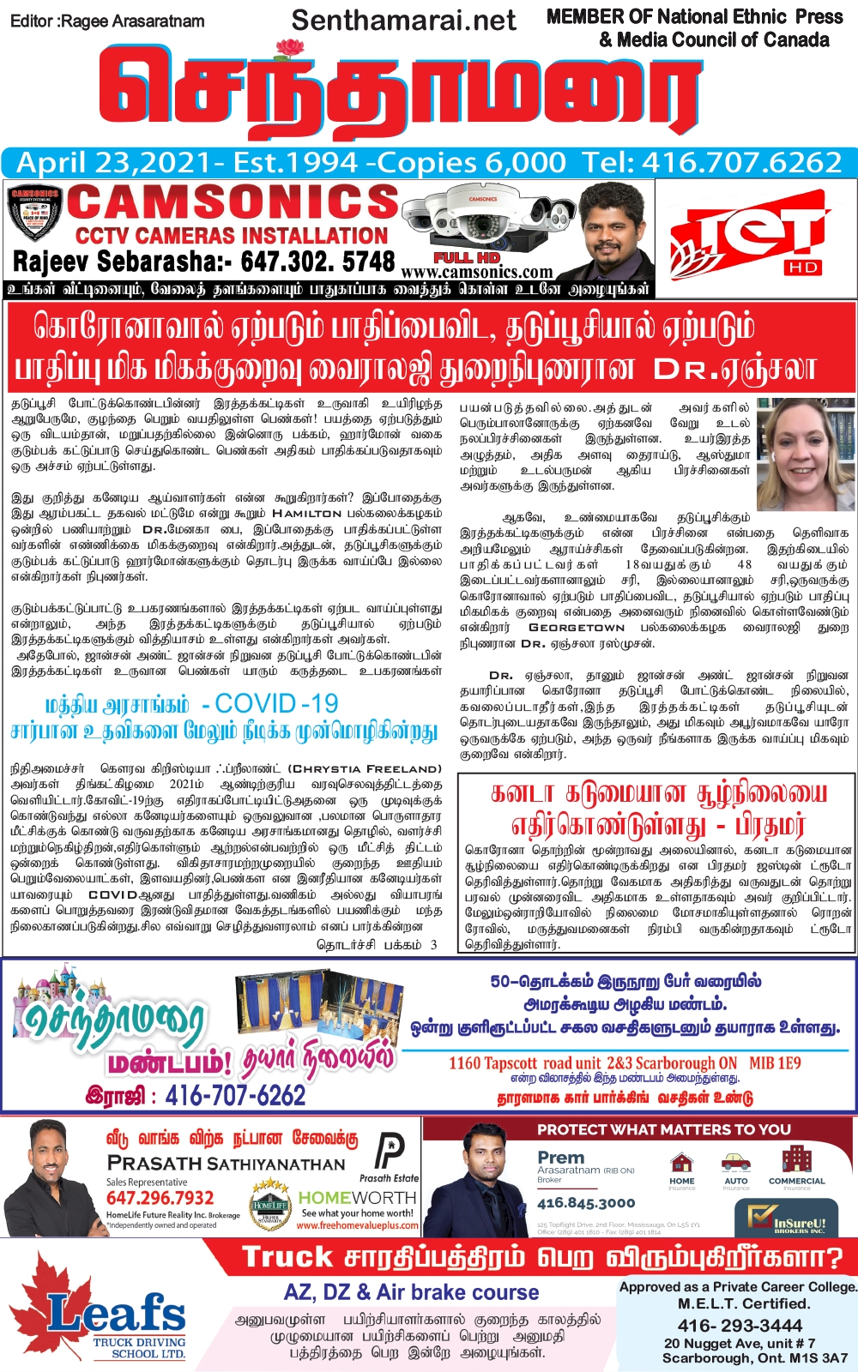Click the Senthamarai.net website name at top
point(403,21)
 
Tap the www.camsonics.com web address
point(477,273)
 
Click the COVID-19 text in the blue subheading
point(276,704)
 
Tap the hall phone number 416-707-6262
point(234,1095)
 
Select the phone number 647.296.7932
point(160,1198)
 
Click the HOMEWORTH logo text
point(357,1197)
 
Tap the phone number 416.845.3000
point(586,1203)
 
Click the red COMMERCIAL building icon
point(796,1163)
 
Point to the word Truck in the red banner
point(287,1257)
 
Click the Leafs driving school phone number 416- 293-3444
point(740,1326)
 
